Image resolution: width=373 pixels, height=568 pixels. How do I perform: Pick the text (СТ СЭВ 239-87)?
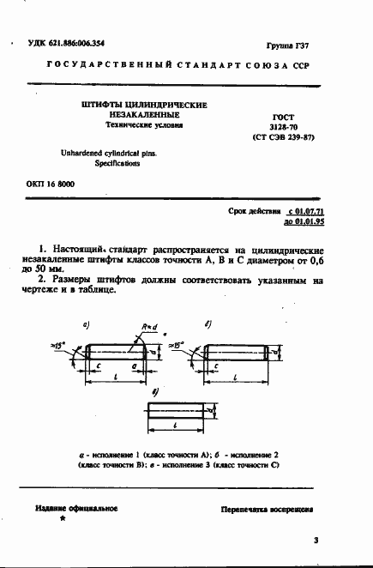tap(282, 136)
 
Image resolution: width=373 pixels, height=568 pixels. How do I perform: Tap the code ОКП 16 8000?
tap(45, 184)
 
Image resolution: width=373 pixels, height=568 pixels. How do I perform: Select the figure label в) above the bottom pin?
tap(153, 390)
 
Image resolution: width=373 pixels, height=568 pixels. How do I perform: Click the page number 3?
tap(316, 541)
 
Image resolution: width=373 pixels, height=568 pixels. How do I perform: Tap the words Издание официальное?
tap(76, 509)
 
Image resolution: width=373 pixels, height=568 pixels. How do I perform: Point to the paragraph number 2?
tap(42, 279)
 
